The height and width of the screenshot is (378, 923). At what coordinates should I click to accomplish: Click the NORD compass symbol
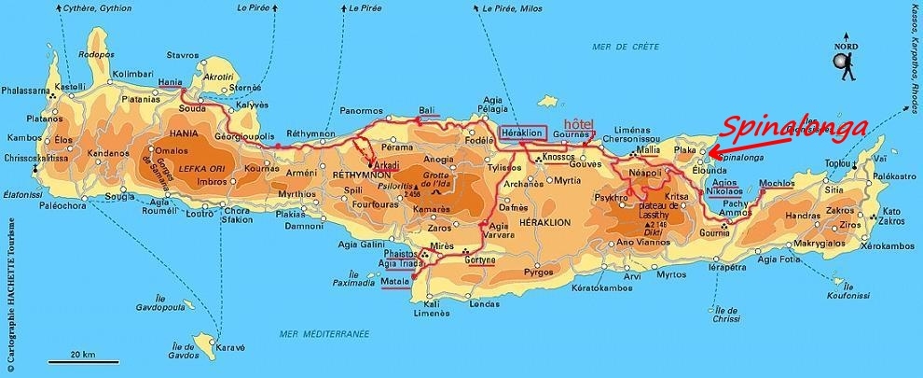click(x=844, y=58)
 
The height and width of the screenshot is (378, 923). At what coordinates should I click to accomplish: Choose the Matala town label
click(x=395, y=281)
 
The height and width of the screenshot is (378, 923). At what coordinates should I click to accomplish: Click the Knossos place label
click(x=556, y=157)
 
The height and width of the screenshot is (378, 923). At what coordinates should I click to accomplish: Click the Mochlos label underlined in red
click(x=777, y=183)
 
